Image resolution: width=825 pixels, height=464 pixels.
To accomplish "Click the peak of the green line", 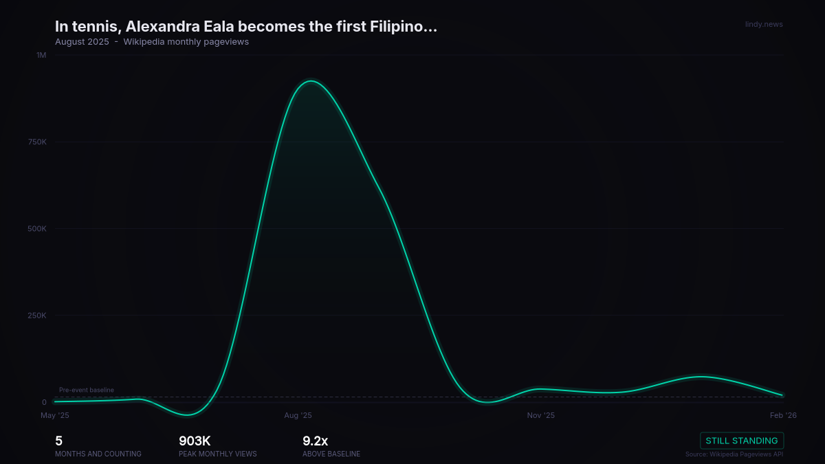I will (x=311, y=81).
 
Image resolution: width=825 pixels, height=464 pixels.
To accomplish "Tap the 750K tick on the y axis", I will (x=37, y=142).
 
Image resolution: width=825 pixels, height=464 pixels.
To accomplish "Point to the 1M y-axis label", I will (x=41, y=55).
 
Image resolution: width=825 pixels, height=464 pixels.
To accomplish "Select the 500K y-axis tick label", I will (x=37, y=228).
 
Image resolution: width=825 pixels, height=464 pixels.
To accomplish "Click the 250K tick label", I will (x=37, y=316).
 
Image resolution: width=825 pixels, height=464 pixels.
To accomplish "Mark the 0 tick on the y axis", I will (x=44, y=402).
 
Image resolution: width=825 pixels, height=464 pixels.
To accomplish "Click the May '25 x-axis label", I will (x=55, y=415).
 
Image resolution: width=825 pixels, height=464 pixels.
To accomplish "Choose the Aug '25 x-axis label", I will (x=298, y=415).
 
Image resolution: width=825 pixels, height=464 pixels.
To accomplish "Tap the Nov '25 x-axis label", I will (x=540, y=415).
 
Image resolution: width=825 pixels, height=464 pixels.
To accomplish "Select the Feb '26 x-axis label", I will (x=783, y=415).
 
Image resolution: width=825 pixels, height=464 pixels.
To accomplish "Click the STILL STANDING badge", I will (x=742, y=441).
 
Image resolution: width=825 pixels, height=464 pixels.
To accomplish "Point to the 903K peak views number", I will (x=195, y=441).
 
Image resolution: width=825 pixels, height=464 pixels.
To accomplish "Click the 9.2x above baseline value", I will (x=315, y=441).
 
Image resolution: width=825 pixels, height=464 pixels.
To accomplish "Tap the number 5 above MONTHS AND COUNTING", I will (x=58, y=441).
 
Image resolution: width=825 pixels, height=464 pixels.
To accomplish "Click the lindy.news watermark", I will (x=764, y=25).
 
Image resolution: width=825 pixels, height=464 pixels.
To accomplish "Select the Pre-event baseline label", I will (x=87, y=390).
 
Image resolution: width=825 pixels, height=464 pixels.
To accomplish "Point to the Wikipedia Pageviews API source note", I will (x=734, y=454).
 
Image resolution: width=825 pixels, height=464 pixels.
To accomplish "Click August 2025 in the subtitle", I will (x=82, y=42).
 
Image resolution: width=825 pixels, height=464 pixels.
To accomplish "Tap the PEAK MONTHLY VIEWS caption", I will (x=218, y=454).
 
